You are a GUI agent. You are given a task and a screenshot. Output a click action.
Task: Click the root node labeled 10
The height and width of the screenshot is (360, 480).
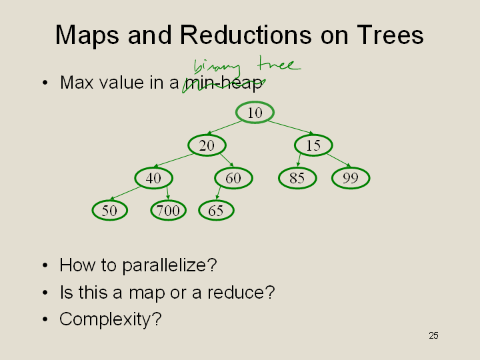click(255, 113)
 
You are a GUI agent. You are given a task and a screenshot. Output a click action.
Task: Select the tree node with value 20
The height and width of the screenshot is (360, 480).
click(207, 145)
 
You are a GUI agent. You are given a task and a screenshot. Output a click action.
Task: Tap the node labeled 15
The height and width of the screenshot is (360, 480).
click(313, 145)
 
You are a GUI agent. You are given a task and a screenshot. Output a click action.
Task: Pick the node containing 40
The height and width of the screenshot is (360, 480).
click(154, 178)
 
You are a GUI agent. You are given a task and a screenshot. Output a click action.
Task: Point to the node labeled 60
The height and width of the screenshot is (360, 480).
click(233, 178)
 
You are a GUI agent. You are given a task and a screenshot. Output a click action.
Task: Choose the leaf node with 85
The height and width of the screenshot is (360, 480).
click(297, 178)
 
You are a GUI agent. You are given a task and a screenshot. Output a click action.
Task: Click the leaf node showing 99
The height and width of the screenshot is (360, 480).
click(351, 178)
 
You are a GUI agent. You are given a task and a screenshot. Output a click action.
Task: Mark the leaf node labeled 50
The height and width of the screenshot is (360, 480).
click(109, 210)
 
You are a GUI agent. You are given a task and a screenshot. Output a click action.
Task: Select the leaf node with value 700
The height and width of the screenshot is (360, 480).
click(169, 210)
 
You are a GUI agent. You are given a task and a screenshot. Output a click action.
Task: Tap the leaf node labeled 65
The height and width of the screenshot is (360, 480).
click(217, 210)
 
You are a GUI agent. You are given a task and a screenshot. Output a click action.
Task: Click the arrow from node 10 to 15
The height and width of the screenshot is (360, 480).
click(291, 127)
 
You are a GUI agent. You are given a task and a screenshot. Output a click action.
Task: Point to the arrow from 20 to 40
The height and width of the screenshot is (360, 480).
click(174, 160)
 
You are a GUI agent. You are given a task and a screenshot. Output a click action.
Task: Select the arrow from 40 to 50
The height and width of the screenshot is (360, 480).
click(125, 193)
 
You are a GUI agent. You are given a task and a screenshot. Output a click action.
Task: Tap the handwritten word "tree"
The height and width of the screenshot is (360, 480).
click(279, 63)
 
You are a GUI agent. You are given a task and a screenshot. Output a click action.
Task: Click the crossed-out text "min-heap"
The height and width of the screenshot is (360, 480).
click(224, 83)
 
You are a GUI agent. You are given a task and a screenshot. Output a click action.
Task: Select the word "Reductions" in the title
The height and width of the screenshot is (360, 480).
click(245, 35)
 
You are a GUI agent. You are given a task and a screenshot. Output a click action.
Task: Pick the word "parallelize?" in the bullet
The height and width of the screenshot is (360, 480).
click(169, 265)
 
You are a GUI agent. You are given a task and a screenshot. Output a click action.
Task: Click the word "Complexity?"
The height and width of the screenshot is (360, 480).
click(110, 319)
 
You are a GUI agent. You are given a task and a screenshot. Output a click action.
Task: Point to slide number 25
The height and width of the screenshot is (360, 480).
click(433, 335)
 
